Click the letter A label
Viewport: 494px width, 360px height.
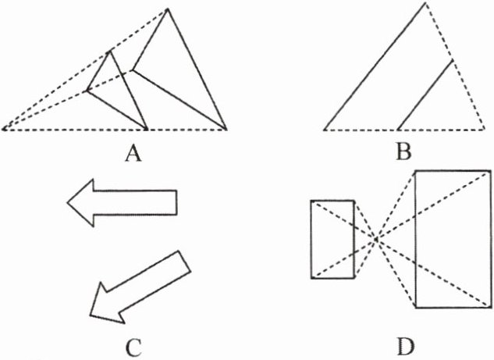point(133,155)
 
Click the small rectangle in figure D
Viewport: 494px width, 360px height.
point(332,238)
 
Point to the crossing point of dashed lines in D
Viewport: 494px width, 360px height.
point(377,238)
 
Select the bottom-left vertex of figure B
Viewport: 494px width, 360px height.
point(324,129)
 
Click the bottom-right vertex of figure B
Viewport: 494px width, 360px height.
point(482,129)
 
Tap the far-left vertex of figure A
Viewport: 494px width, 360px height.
point(3,129)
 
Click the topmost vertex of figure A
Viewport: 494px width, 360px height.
point(167,9)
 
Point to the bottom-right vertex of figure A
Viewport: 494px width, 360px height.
point(226,129)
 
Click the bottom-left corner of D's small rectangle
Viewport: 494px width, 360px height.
point(311,276)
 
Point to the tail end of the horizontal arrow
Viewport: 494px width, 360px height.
point(177,202)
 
